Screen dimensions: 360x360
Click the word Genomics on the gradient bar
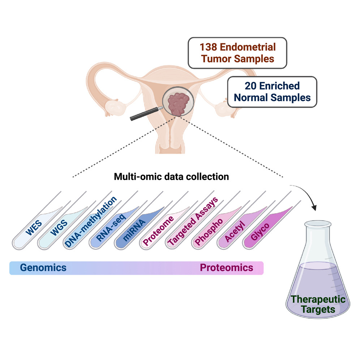pos(43,268)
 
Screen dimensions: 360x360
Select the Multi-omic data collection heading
pos(171,177)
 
